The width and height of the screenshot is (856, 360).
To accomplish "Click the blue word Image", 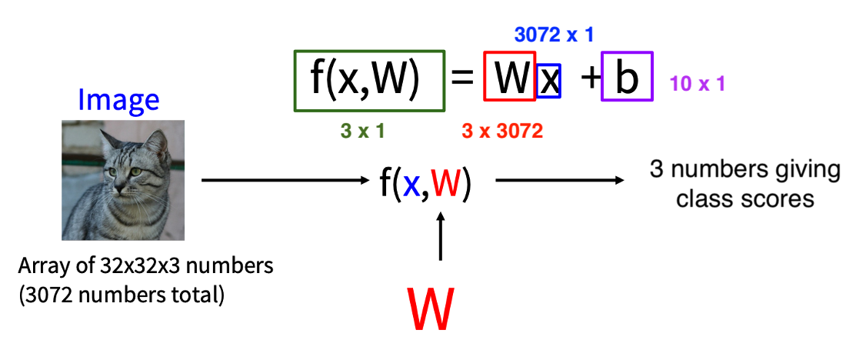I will (x=118, y=100).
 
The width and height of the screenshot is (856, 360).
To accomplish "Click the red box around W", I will (x=509, y=77).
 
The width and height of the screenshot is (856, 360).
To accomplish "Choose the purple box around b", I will (x=627, y=77).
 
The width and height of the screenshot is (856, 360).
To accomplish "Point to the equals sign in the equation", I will (x=463, y=78).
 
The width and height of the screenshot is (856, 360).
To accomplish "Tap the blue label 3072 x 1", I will (x=554, y=35).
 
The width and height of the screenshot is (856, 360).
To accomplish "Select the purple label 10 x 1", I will (x=697, y=84).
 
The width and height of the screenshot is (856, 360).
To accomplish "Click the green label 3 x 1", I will (x=362, y=131).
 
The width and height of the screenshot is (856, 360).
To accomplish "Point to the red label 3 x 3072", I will (x=502, y=132).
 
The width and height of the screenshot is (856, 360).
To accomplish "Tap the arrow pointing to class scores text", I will (x=558, y=182).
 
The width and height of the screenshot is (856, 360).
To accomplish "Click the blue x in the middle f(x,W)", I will (x=412, y=185).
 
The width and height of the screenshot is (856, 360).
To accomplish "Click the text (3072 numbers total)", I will (x=122, y=295).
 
